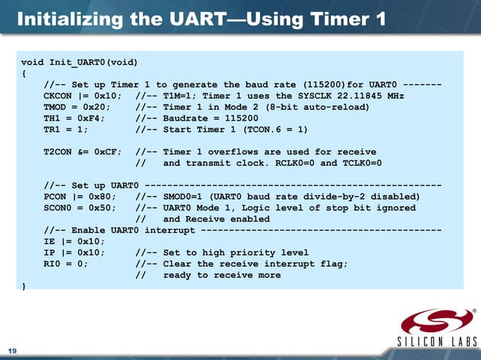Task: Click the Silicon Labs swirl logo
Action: pos(437,322)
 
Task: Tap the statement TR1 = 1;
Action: pos(66,130)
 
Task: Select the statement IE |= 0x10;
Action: pos(72,241)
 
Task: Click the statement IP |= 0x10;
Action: pos(72,252)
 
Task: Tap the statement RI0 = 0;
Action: pos(66,264)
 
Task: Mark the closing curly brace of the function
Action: pos(24,286)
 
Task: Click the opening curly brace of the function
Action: pos(24,73)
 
